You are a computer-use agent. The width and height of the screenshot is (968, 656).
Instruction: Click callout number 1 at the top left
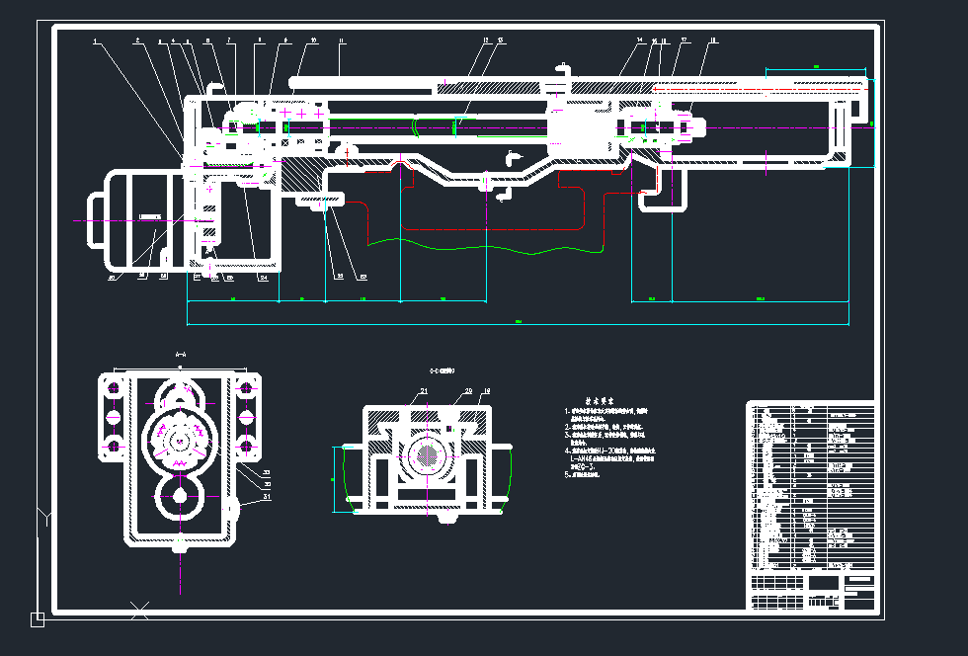coord(95,41)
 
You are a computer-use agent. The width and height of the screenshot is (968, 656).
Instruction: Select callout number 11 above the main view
coord(341,41)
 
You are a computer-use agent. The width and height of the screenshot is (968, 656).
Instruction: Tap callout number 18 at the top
coord(713,41)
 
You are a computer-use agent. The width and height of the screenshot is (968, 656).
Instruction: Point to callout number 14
coord(640,41)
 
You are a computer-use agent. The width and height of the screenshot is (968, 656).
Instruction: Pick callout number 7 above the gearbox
coord(229,41)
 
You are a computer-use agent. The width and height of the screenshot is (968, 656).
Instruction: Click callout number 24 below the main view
coord(264,279)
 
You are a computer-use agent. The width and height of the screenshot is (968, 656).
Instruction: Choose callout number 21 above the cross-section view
coord(424,392)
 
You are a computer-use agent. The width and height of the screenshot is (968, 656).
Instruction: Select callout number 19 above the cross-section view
coord(485,392)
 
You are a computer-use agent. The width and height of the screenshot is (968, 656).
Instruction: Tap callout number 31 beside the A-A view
coord(267,497)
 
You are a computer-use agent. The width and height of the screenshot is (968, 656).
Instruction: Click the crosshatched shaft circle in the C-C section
coord(428,455)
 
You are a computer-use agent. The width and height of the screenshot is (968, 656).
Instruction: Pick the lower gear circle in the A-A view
coord(180,500)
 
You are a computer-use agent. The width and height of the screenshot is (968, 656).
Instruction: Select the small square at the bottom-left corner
coord(38,619)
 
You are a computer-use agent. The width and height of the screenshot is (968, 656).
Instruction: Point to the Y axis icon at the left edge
coord(43,515)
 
